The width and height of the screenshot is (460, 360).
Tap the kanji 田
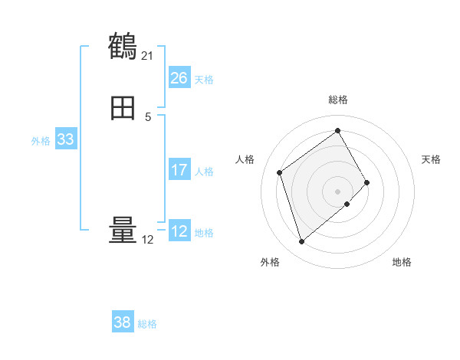pos(123,109)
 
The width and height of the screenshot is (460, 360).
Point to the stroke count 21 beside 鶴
pos(147,55)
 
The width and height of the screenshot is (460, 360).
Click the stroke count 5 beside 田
pos(148,116)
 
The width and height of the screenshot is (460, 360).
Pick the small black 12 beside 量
pos(147,240)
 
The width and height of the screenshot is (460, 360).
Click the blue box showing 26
pos(179,78)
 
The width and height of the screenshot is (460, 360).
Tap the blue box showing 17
pos(179,170)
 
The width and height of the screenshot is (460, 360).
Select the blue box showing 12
pos(179,231)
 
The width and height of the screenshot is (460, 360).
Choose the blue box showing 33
pos(65,139)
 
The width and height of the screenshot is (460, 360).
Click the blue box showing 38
pos(122,322)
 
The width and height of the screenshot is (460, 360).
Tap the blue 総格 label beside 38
pos(147,324)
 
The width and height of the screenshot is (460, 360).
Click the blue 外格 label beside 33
pos(41,141)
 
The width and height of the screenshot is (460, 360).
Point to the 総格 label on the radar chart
pos(337,100)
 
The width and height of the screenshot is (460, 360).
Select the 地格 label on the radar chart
pos(402,262)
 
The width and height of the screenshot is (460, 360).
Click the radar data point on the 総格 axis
pos(337,130)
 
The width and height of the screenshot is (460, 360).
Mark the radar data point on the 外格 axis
pos(301,242)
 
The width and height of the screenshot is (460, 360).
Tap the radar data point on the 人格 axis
pos(280,172)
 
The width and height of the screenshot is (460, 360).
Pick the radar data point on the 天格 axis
pos(367,182)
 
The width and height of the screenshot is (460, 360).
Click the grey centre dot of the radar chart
pos(337,191)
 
